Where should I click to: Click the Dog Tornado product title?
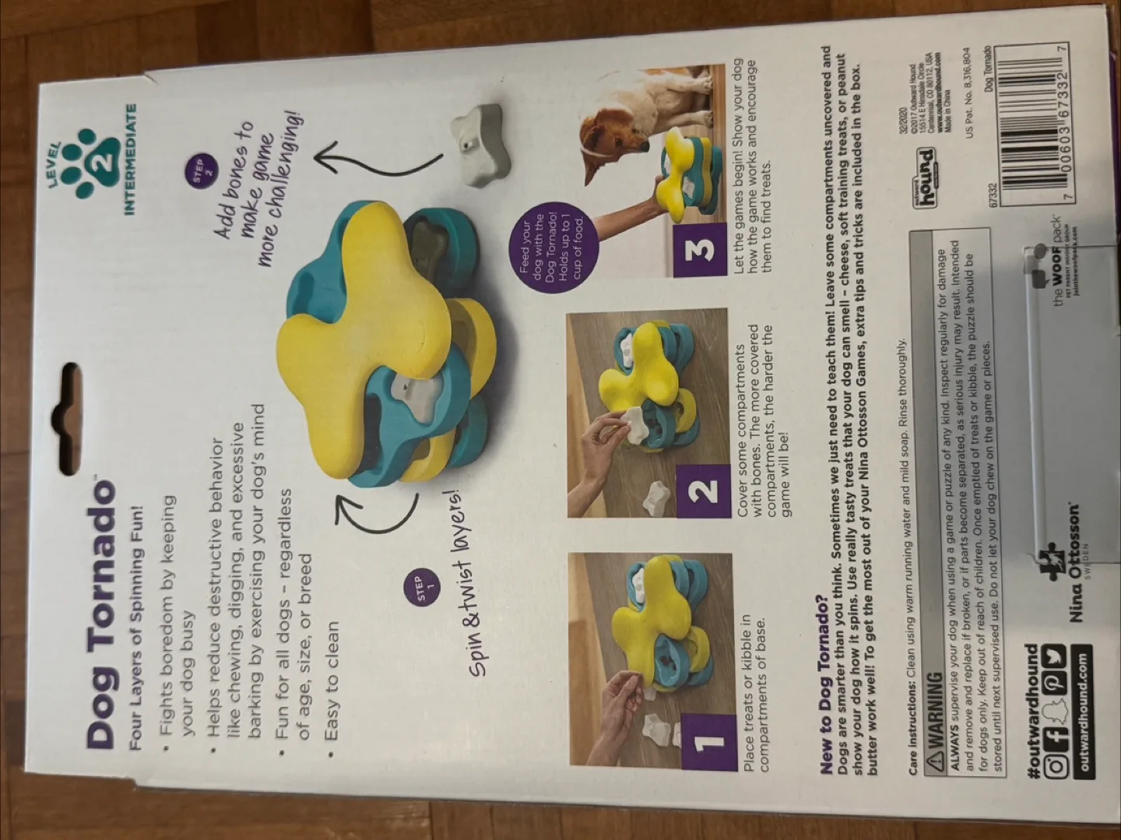click(x=101, y=616)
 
